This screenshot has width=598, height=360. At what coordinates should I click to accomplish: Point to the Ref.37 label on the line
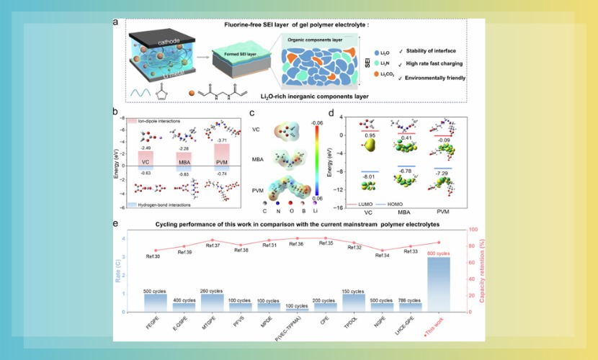(x=213, y=246)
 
